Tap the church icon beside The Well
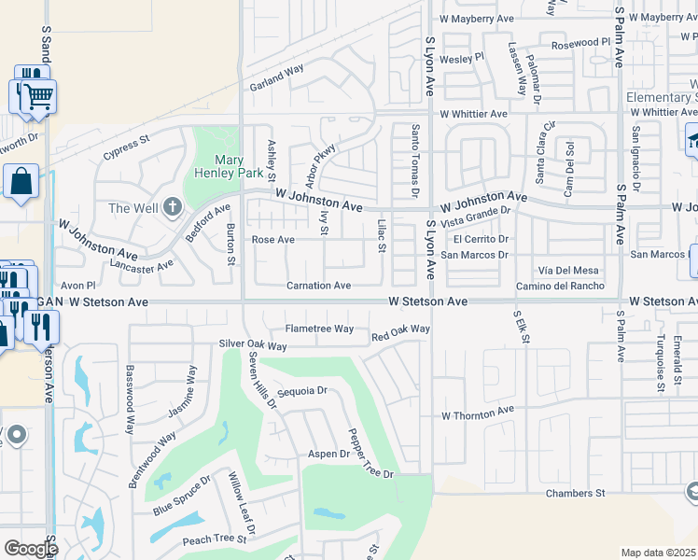coord(172,206)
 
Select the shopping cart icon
coord(37,95)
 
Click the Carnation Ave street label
coord(318,286)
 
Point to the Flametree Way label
coord(319,329)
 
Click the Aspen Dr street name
coord(328,454)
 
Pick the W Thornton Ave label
coord(478,413)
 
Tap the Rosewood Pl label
coord(580,43)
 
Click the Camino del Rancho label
coord(560,286)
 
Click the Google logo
coord(30,549)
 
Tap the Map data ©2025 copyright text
coord(658,553)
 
